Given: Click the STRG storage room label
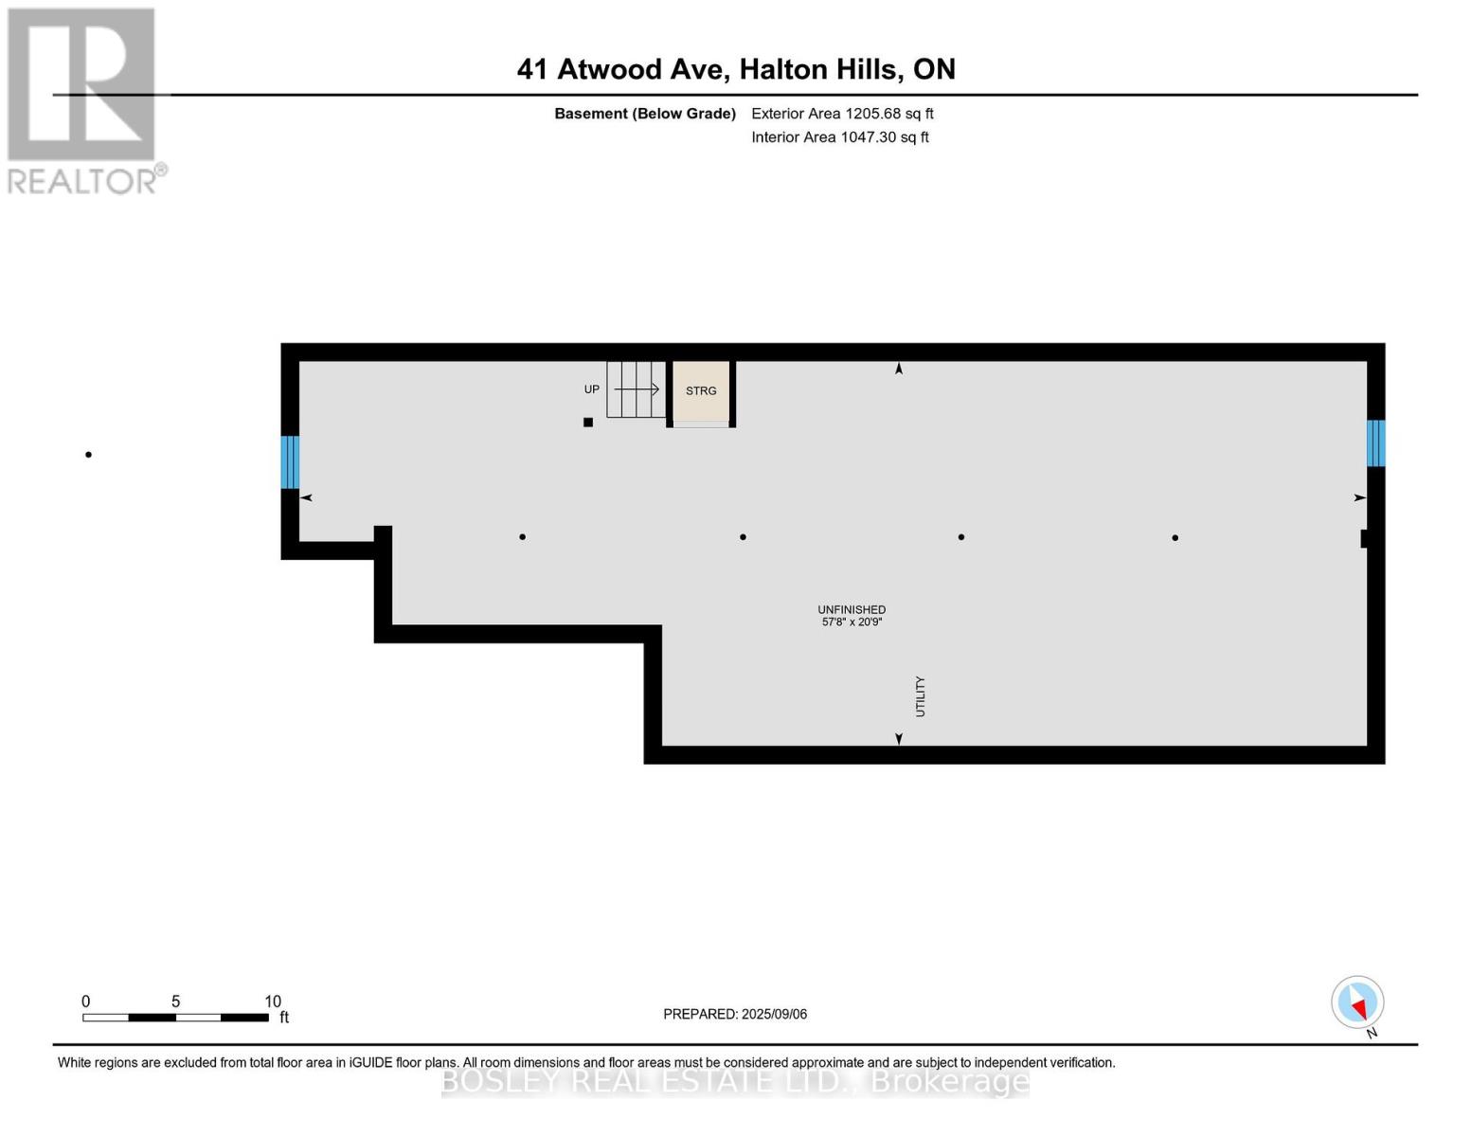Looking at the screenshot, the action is [701, 390].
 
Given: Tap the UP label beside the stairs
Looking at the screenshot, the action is [592, 389].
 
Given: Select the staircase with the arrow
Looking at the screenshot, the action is [636, 389].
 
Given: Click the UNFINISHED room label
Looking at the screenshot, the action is [852, 609].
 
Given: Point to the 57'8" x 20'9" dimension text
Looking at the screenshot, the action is [852, 622].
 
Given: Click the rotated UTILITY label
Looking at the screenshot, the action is [920, 696].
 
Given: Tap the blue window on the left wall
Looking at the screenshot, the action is [290, 461].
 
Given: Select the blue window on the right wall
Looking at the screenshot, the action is [1375, 442].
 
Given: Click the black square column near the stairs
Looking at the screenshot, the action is [588, 423].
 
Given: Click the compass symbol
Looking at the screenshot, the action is [1357, 1002].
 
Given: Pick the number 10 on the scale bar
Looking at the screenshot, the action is [273, 1001].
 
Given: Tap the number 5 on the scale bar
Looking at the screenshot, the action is [175, 1001].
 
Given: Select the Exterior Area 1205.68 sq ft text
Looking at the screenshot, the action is [842, 114].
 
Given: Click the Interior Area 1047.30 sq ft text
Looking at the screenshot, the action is [839, 137].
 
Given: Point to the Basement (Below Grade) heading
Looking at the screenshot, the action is [644, 114].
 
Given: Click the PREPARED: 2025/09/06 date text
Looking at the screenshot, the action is [735, 1014].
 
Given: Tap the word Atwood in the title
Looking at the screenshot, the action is [608, 69].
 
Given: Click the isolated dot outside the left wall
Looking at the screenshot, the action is [89, 455].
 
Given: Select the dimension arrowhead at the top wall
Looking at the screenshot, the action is [898, 369].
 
